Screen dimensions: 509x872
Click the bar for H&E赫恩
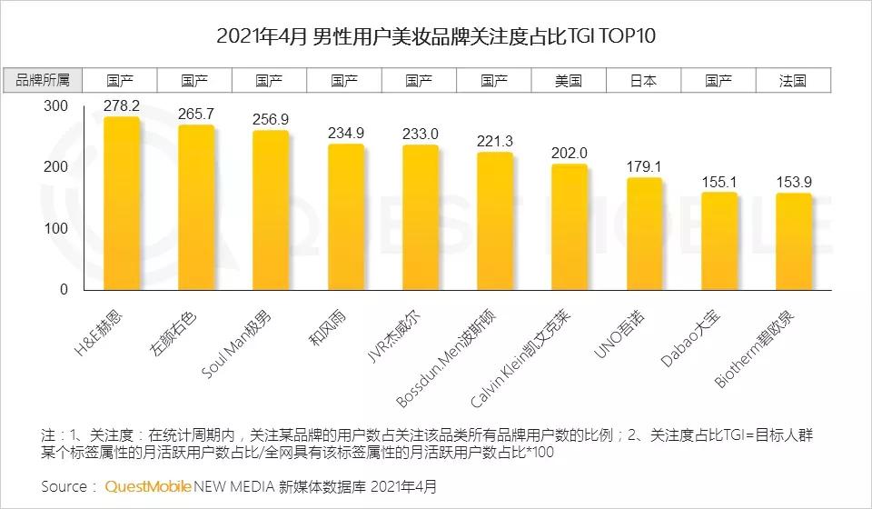point(121,205)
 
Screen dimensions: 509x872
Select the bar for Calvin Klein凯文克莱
point(569,228)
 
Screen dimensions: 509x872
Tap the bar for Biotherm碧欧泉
point(793,243)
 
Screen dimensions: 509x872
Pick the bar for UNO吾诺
point(644,235)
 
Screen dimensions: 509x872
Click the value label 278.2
point(121,105)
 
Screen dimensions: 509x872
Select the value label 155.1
point(718,181)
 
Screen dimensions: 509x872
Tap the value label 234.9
point(345,133)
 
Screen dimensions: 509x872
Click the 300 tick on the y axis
point(56,106)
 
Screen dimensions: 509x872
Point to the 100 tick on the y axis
point(56,228)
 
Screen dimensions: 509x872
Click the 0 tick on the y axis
point(64,289)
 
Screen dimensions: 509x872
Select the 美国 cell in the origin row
point(569,80)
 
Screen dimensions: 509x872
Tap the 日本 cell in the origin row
point(644,80)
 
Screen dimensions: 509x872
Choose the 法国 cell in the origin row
point(793,80)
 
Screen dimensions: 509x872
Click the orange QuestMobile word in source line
point(148,486)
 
